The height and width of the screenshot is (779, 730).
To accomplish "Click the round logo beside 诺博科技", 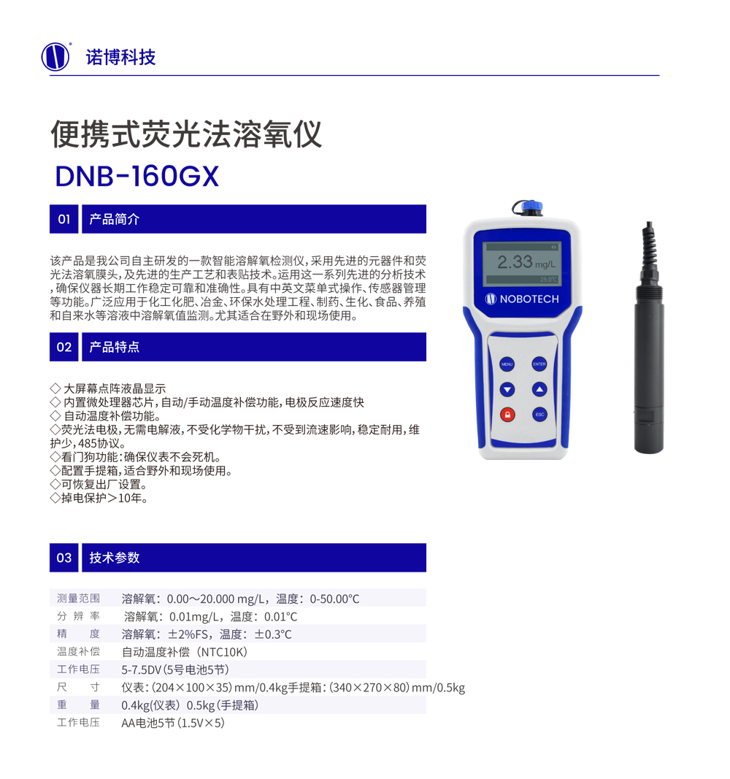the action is [x=55, y=57].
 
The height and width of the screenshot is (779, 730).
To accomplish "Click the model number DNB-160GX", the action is [x=137, y=177].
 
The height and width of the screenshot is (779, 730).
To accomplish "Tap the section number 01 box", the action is [x=64, y=219].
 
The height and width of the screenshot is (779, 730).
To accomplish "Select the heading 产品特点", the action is [x=114, y=347].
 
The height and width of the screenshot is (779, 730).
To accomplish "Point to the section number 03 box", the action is [x=64, y=558].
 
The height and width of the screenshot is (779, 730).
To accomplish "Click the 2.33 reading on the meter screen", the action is [x=515, y=262].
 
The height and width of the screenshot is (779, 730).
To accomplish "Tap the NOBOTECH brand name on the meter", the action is [x=529, y=299].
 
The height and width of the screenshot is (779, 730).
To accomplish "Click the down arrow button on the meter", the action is [x=507, y=390].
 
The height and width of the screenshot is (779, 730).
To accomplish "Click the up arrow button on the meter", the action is [x=539, y=390].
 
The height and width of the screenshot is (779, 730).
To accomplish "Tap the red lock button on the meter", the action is [x=507, y=415].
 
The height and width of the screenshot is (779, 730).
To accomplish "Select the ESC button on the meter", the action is [x=539, y=415].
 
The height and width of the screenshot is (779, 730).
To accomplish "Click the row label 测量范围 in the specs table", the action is [x=78, y=598].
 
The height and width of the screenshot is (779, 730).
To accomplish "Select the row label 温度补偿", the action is [x=78, y=651].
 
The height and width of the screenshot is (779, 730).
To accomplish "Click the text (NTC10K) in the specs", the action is [x=223, y=652].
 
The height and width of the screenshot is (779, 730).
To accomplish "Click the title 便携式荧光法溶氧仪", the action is [x=186, y=134].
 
